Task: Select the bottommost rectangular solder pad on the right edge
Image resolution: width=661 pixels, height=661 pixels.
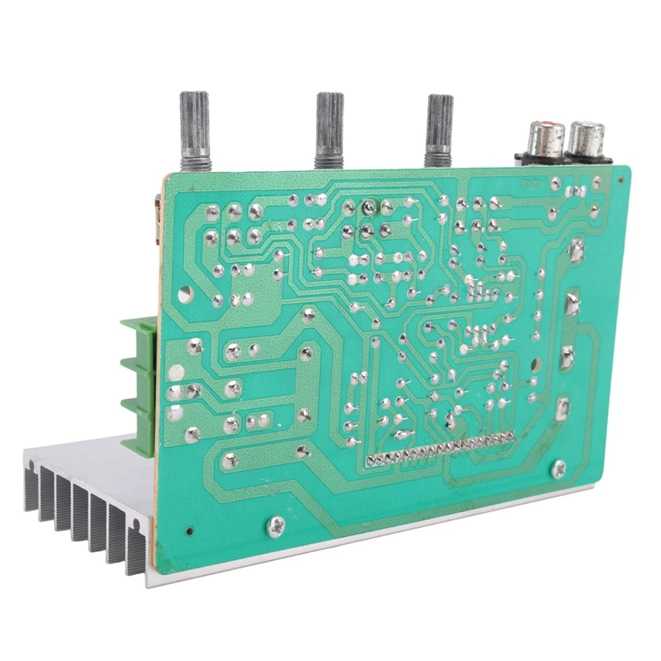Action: (562, 407)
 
